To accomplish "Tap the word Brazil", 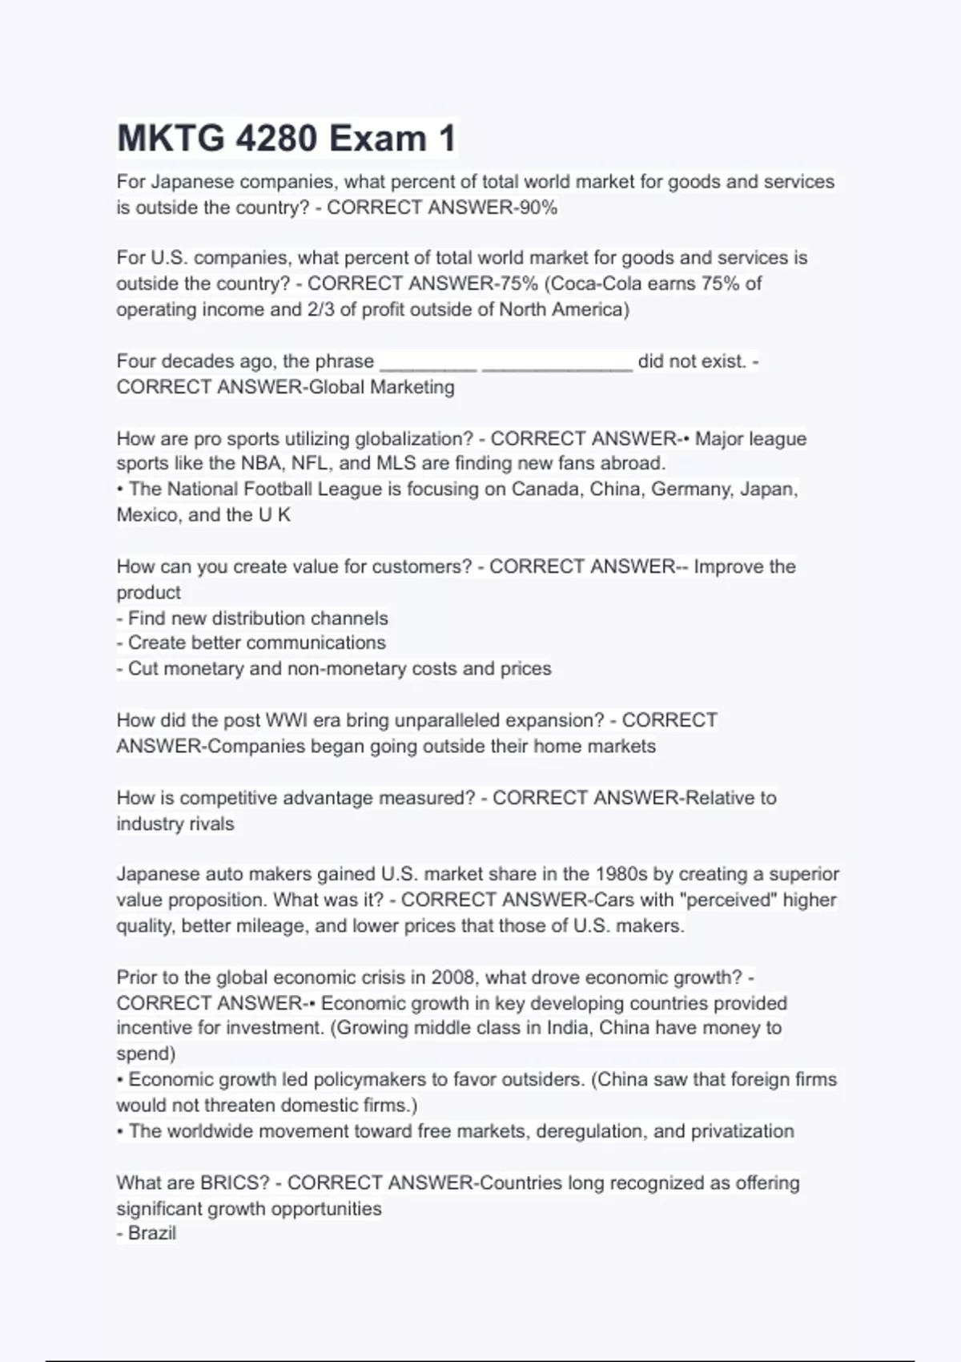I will point(152,1233).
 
